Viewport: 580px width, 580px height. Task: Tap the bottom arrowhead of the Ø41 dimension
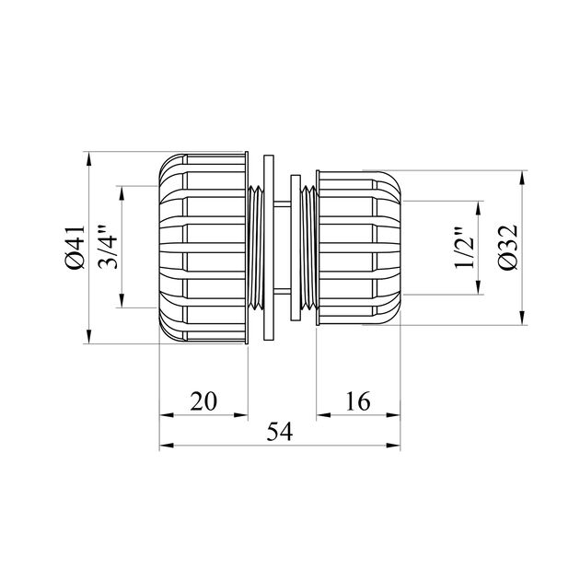[88, 338]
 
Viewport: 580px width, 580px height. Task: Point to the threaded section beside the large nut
[255, 248]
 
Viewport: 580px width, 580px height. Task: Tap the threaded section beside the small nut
[309, 248]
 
